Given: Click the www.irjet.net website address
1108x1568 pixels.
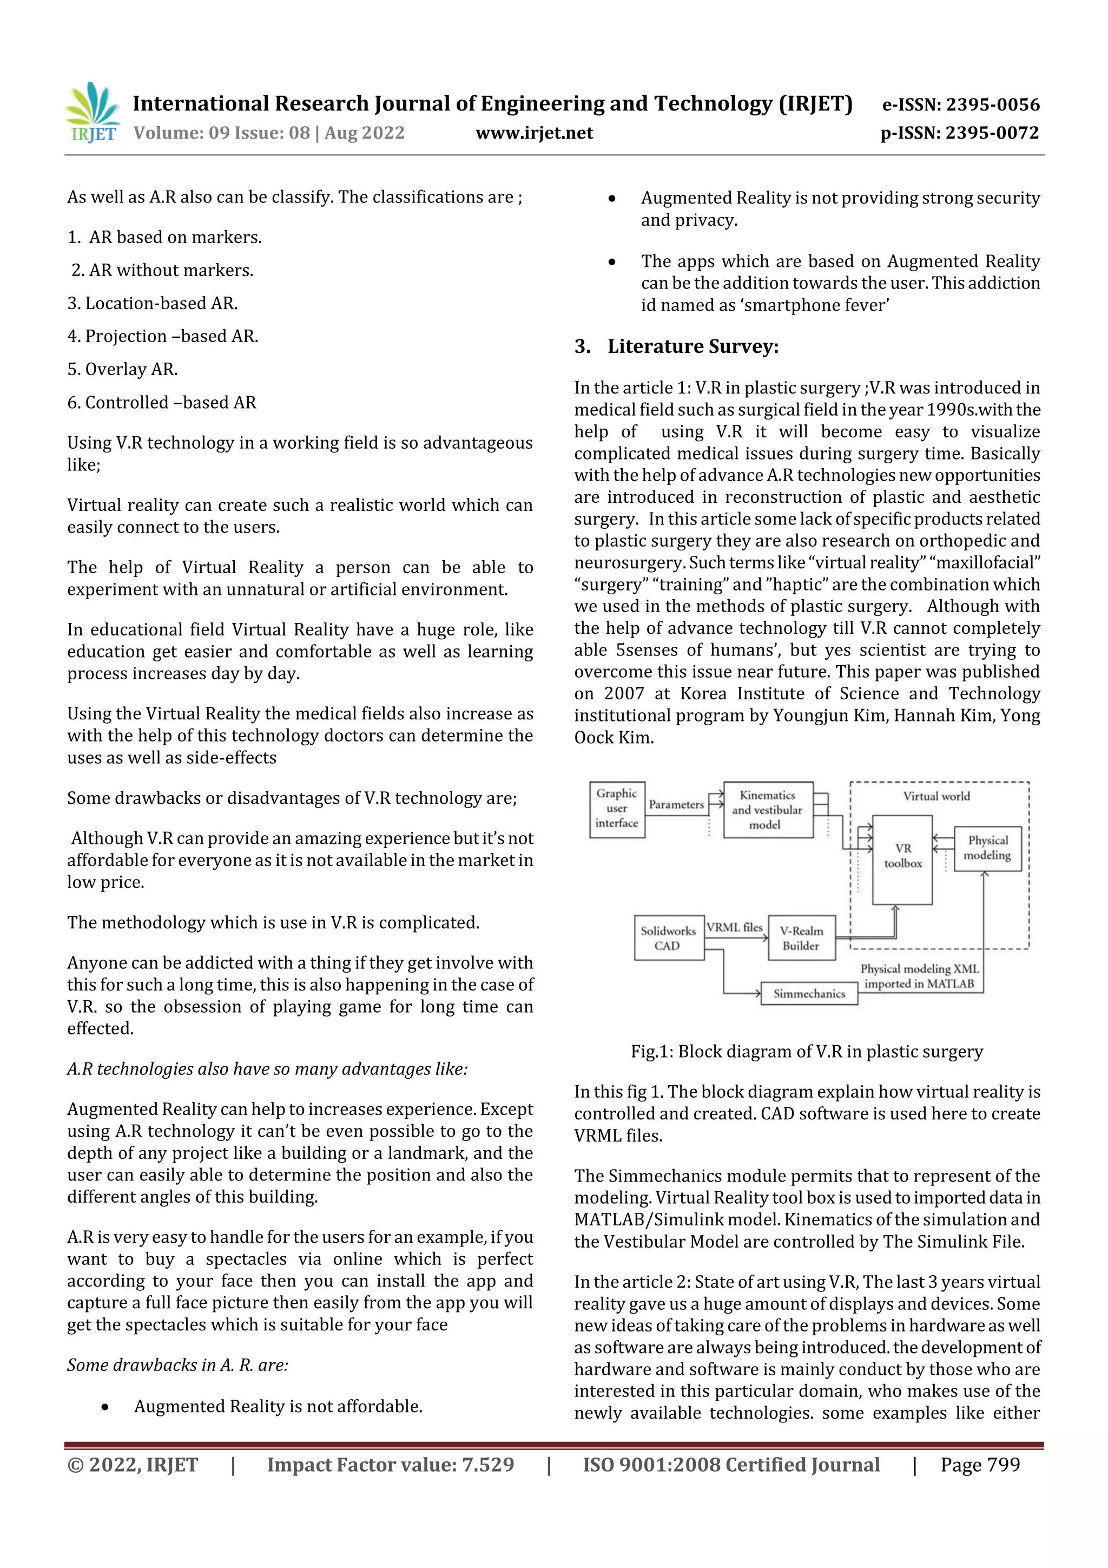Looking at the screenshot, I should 534,133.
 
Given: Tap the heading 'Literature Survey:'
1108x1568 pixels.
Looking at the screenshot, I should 692,347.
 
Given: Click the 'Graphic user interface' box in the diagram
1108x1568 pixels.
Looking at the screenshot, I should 616,809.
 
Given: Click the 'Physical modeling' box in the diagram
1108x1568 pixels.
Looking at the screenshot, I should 987,848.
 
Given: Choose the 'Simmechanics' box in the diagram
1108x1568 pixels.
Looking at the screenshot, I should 809,994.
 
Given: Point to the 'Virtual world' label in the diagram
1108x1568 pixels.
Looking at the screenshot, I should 936,796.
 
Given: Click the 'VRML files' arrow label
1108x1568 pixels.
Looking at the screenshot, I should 734,927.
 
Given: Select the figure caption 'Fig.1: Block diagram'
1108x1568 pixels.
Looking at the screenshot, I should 806,1052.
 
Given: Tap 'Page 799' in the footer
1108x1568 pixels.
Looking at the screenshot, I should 980,1465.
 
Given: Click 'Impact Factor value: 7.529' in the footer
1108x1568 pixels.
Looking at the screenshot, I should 390,1465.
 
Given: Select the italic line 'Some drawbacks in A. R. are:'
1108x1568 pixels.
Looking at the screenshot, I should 177,1365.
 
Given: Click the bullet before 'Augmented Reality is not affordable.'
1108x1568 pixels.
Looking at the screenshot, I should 104,1407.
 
